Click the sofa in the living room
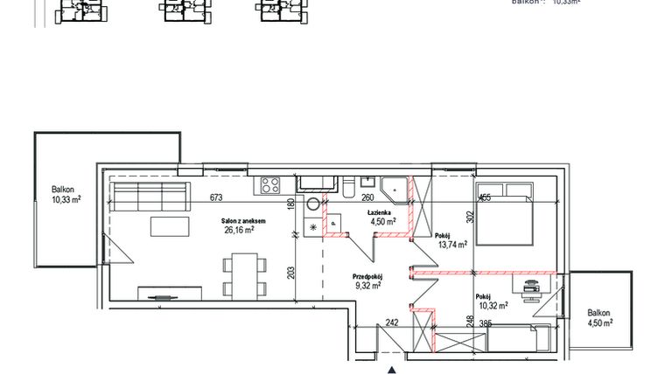click(x=151, y=197)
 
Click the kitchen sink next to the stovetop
click(x=316, y=184)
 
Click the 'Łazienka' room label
click(x=379, y=211)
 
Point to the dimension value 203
click(x=291, y=272)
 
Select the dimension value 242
click(x=392, y=322)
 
